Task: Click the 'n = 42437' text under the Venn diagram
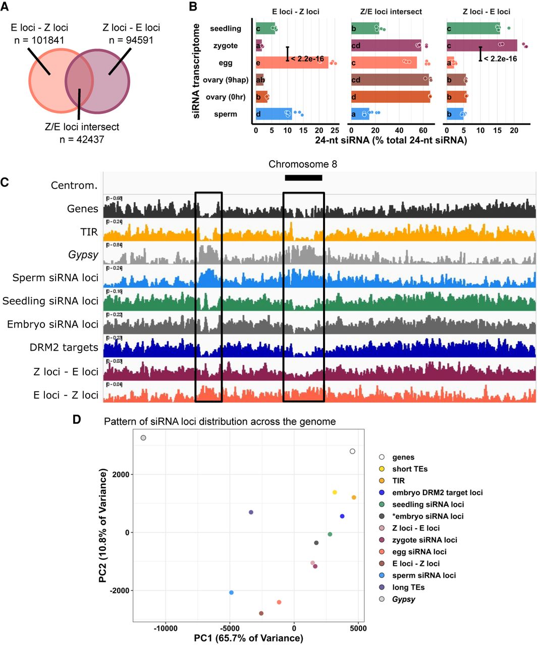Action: (x=82, y=139)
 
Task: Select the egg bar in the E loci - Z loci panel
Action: (x=292, y=63)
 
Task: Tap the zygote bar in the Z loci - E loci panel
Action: (x=481, y=46)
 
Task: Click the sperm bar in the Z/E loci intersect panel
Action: (x=360, y=114)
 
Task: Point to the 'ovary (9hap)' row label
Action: (x=226, y=80)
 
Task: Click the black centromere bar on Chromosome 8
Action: (x=303, y=177)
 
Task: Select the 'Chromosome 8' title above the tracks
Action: (x=302, y=164)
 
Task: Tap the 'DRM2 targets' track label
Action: (x=64, y=348)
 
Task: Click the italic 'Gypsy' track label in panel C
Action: (x=83, y=254)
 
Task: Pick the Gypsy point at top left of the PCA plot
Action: (x=143, y=438)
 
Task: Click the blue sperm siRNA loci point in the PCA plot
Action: (x=231, y=593)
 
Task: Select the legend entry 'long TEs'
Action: (x=408, y=587)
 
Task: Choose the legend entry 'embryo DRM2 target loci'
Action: (x=437, y=492)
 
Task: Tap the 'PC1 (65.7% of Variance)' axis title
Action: (x=248, y=638)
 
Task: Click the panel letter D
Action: (x=77, y=419)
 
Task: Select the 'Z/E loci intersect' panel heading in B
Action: (x=391, y=12)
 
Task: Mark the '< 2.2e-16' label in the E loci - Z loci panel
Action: (x=307, y=59)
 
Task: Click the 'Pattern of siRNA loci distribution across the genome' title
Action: (x=220, y=421)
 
